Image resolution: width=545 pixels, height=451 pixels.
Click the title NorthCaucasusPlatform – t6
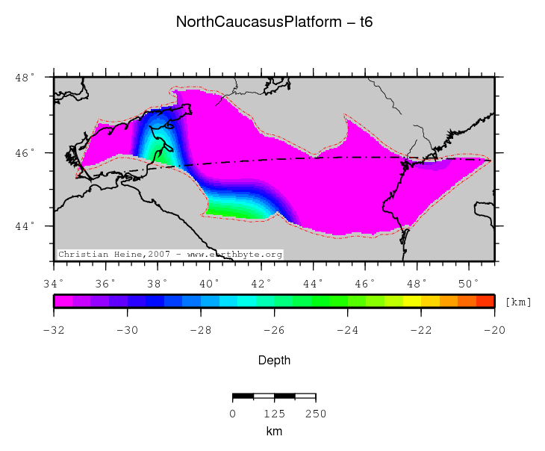pos(274,22)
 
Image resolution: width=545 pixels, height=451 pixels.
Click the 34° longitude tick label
pos(54,283)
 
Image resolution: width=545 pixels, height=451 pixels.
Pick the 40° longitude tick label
pos(210,283)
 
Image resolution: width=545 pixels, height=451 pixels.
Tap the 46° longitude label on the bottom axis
pos(365,283)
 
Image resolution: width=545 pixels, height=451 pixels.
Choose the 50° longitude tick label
pos(469,283)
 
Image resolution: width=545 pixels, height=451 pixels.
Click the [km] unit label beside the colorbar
pos(518,302)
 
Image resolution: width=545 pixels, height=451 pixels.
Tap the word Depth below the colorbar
pos(274,361)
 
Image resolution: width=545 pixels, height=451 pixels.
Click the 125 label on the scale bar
pos(275,414)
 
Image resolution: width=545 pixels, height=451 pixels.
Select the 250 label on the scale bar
pos(316,414)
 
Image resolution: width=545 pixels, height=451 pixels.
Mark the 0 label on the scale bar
pos(233,414)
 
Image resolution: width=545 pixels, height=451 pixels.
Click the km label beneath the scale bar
pos(274,432)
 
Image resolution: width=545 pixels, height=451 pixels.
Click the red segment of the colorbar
pos(485,301)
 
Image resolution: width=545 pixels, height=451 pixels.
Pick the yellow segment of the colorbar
pos(412,301)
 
